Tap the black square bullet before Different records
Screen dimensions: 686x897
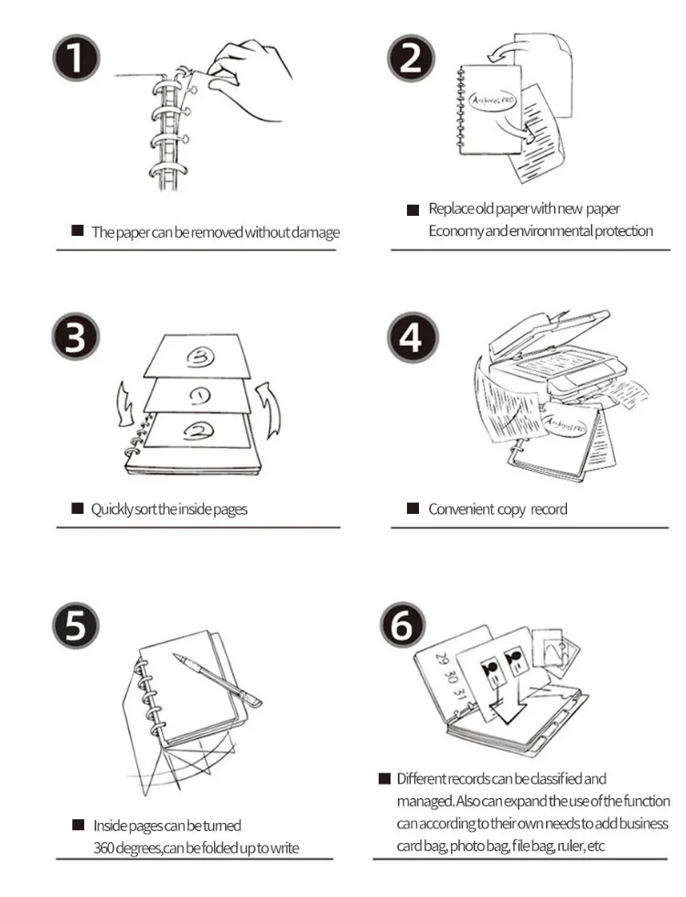coord(384,779)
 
